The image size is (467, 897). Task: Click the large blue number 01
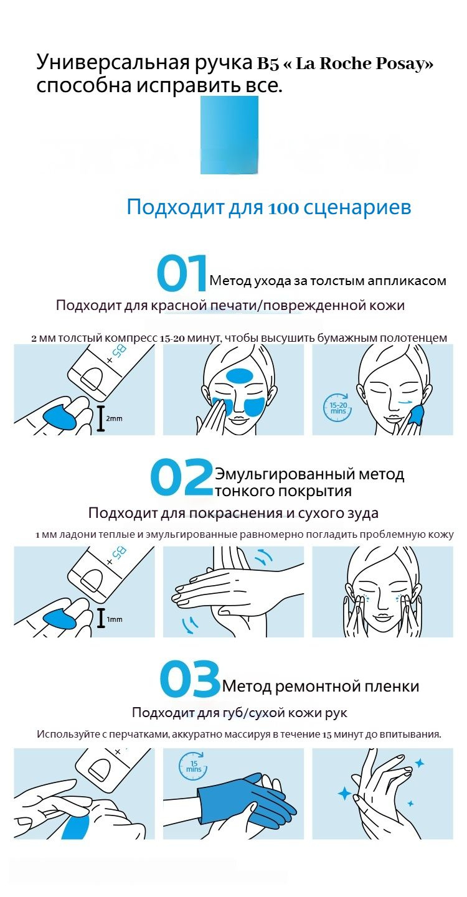tap(182, 274)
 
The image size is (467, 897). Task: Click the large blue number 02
tap(181, 477)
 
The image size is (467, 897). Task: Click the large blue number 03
tap(190, 680)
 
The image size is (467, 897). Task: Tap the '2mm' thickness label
tap(114, 418)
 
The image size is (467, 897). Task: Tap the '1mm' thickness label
tap(114, 619)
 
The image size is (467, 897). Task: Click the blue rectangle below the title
tap(229, 135)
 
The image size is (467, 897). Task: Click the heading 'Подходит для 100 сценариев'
tap(268, 207)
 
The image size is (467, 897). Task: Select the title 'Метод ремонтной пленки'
tap(320, 686)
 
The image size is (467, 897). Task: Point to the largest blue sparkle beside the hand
tap(344, 793)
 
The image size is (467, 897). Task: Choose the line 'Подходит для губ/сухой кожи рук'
tap(239, 713)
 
